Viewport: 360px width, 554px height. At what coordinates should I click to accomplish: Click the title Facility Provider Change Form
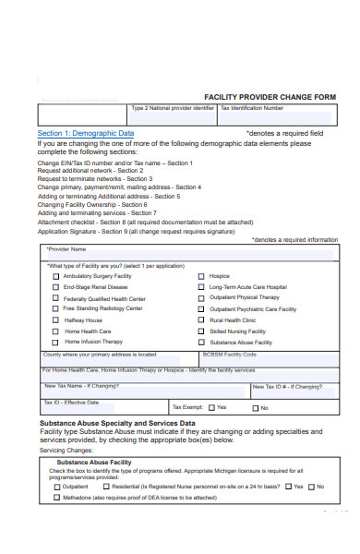click(x=270, y=97)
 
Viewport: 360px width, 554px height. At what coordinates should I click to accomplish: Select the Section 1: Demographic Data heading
click(x=86, y=133)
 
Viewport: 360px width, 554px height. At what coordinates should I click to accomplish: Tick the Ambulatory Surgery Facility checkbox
click(x=56, y=276)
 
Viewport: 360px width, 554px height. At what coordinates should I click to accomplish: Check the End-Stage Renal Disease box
click(x=56, y=287)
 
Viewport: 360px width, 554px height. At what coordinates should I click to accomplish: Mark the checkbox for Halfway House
click(x=56, y=320)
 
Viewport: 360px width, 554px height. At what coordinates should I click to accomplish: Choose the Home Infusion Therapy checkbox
click(x=56, y=342)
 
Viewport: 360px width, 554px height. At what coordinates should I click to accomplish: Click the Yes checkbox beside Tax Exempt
click(x=211, y=407)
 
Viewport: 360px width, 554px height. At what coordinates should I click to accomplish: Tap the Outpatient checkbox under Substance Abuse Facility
click(x=56, y=486)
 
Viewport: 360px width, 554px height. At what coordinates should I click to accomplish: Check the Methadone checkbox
click(x=56, y=497)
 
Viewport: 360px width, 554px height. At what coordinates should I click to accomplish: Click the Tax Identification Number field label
click(x=252, y=108)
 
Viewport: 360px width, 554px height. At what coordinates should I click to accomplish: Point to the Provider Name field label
click(x=66, y=249)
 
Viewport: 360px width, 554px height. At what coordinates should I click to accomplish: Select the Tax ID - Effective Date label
click(x=71, y=403)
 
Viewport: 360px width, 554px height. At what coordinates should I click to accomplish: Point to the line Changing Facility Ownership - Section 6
click(x=97, y=204)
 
